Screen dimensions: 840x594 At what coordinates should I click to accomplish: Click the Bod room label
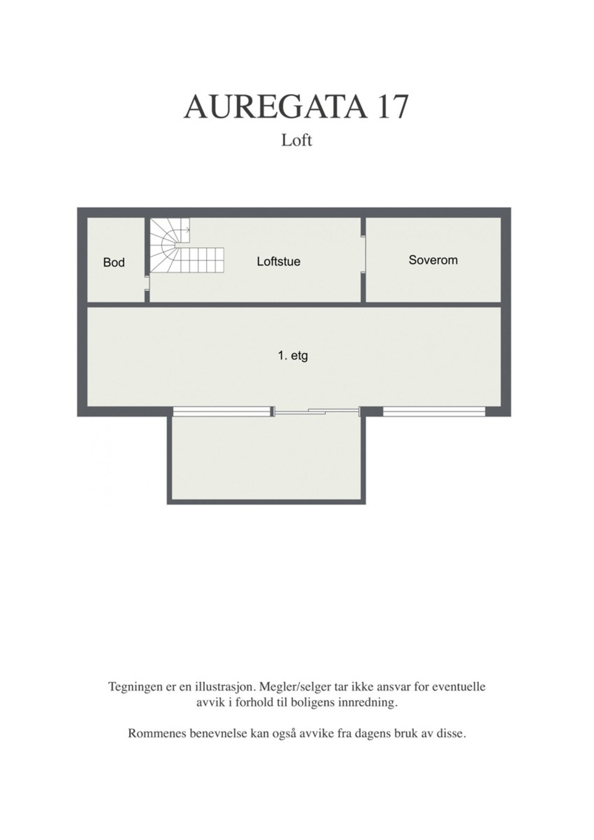point(114,263)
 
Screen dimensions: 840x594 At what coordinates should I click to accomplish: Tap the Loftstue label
point(278,261)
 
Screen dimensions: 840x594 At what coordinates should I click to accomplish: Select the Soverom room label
point(433,260)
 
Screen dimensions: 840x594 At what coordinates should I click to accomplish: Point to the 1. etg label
point(293,357)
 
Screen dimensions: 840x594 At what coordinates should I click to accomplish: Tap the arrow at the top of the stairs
point(187,230)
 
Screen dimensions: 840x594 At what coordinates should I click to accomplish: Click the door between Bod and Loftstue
point(147,283)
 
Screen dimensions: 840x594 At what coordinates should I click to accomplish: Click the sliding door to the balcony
point(316,411)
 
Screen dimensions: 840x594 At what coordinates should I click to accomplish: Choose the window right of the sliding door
point(434,411)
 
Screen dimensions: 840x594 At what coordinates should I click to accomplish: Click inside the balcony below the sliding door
point(266,457)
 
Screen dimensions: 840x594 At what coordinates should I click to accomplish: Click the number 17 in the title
point(393,107)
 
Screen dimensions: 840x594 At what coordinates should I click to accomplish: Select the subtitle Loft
point(296,140)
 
